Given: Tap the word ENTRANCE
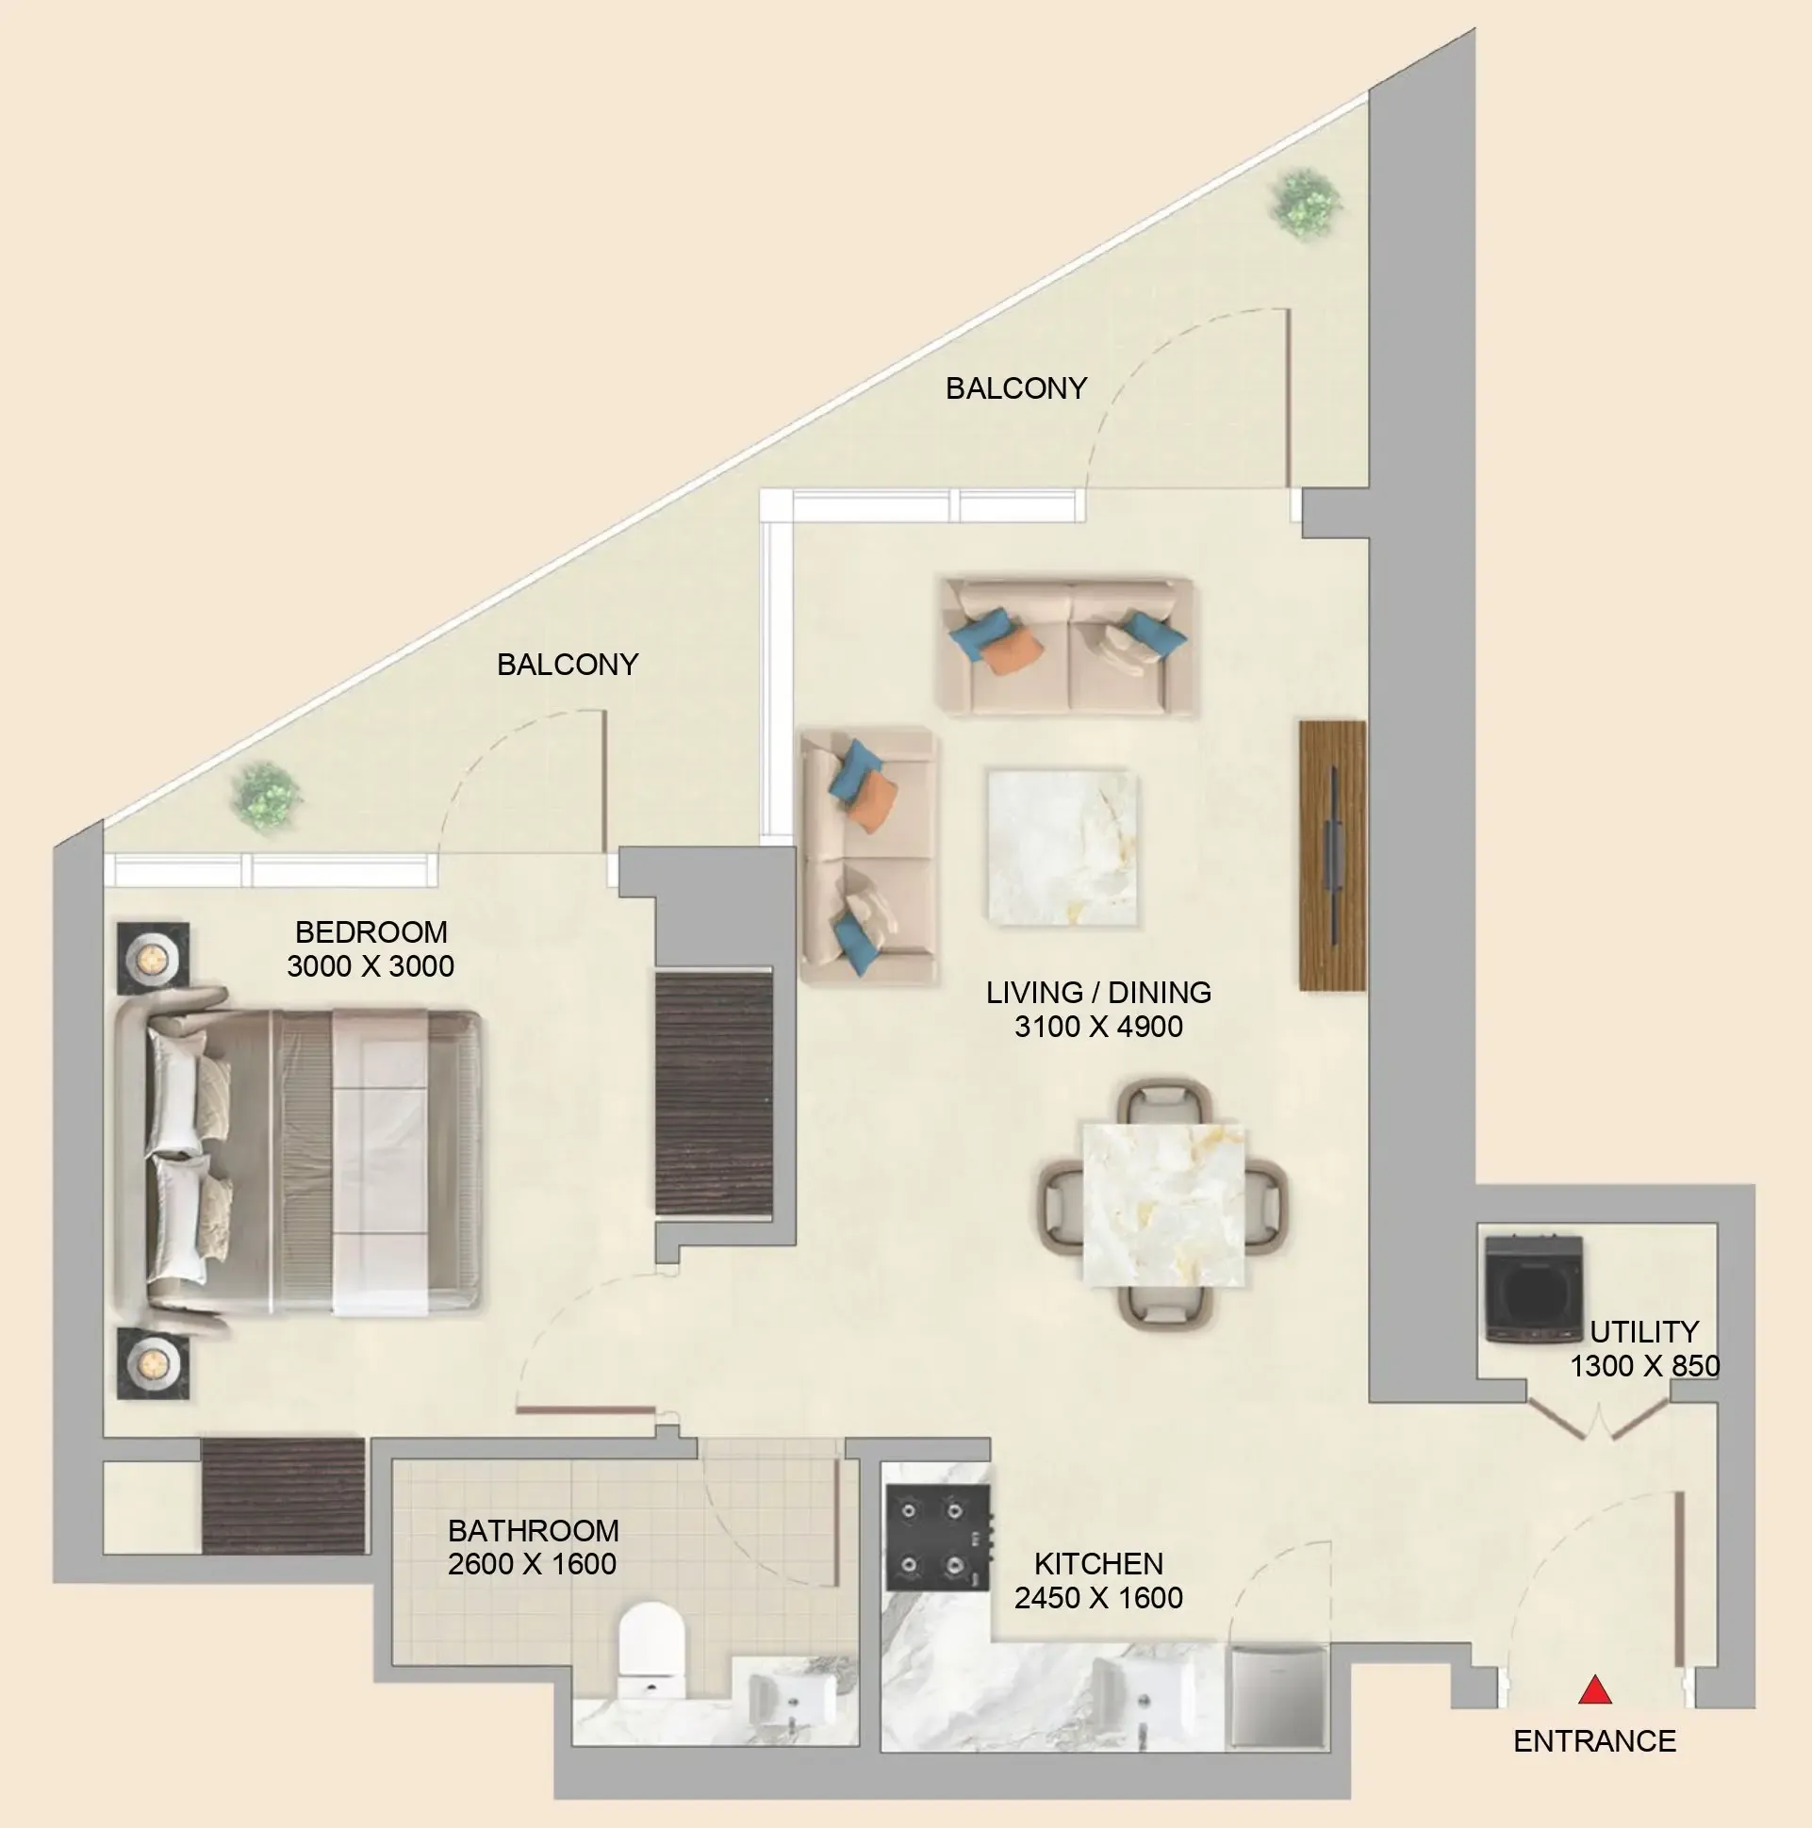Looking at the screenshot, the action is [x=1594, y=1741].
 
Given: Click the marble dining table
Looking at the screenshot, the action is [x=1163, y=1205].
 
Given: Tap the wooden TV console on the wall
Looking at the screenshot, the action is [x=1332, y=855].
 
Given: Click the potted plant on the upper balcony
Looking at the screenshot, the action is [x=1306, y=204].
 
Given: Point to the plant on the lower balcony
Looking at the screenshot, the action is [x=267, y=798].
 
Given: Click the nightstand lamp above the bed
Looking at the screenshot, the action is [x=153, y=959].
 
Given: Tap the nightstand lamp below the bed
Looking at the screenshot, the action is [x=152, y=1363].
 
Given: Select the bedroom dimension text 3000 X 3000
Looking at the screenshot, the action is [x=371, y=966].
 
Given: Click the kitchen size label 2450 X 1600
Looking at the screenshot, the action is [x=1098, y=1597].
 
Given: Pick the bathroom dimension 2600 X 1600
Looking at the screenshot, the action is [x=532, y=1564].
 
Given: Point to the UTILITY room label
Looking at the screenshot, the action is [x=1644, y=1331].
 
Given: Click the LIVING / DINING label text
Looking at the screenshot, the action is [x=1098, y=992].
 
